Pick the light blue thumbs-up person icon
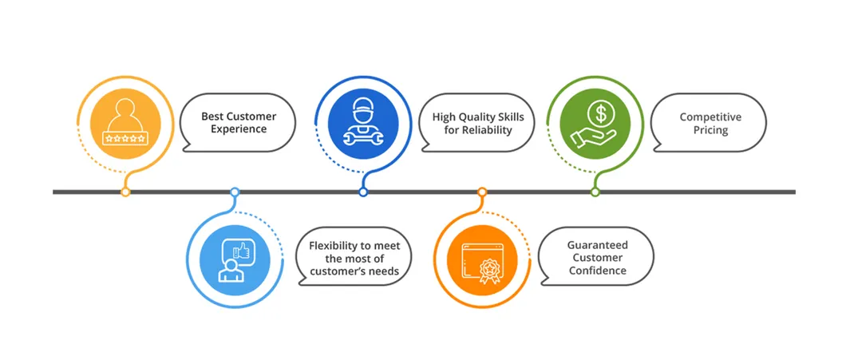235,260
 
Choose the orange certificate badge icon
481,260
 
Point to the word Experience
239,129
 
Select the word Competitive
710,117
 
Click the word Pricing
710,129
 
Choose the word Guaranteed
597,245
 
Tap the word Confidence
597,271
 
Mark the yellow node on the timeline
125,192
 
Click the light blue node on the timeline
235,192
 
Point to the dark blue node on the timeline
363,192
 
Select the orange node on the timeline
482,192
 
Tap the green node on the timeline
595,192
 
